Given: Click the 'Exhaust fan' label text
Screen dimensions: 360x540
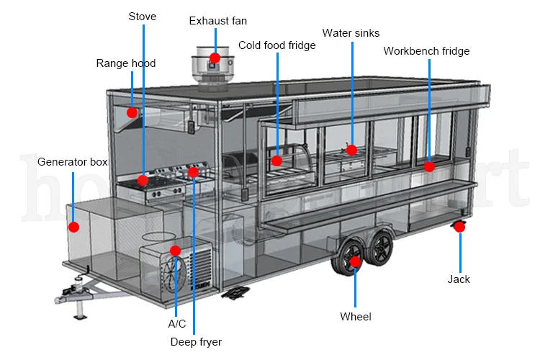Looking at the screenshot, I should (217, 20).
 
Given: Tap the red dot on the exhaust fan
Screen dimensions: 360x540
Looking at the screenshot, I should (215, 58).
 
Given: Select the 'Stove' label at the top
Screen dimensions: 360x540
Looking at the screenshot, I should (143, 16).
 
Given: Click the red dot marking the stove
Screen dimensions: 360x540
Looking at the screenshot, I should (143, 180).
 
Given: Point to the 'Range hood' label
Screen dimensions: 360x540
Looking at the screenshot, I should (126, 63).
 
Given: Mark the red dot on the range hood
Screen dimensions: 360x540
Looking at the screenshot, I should (132, 112).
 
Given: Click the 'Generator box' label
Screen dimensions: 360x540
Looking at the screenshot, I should (72, 162).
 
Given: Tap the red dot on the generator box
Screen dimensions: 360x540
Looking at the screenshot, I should (73, 227).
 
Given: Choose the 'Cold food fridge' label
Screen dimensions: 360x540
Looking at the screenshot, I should (277, 46).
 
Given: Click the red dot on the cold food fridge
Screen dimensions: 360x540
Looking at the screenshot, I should (277, 161).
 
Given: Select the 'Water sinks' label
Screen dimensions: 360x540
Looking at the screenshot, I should (351, 33).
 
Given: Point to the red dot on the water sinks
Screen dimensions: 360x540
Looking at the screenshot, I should (351, 150).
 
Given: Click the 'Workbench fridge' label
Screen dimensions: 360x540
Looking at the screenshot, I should (426, 51).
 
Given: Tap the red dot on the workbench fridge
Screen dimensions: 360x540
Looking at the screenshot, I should (429, 166).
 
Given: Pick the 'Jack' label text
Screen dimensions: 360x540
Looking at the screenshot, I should (459, 279).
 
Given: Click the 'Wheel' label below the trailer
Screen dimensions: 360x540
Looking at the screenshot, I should (356, 316).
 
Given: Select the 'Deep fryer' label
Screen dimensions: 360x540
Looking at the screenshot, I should (196, 342).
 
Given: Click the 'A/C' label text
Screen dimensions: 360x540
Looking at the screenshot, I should (176, 324).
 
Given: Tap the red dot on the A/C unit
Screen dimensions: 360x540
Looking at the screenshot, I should (175, 251).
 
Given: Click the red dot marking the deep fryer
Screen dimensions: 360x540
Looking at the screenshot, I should (193, 172).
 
